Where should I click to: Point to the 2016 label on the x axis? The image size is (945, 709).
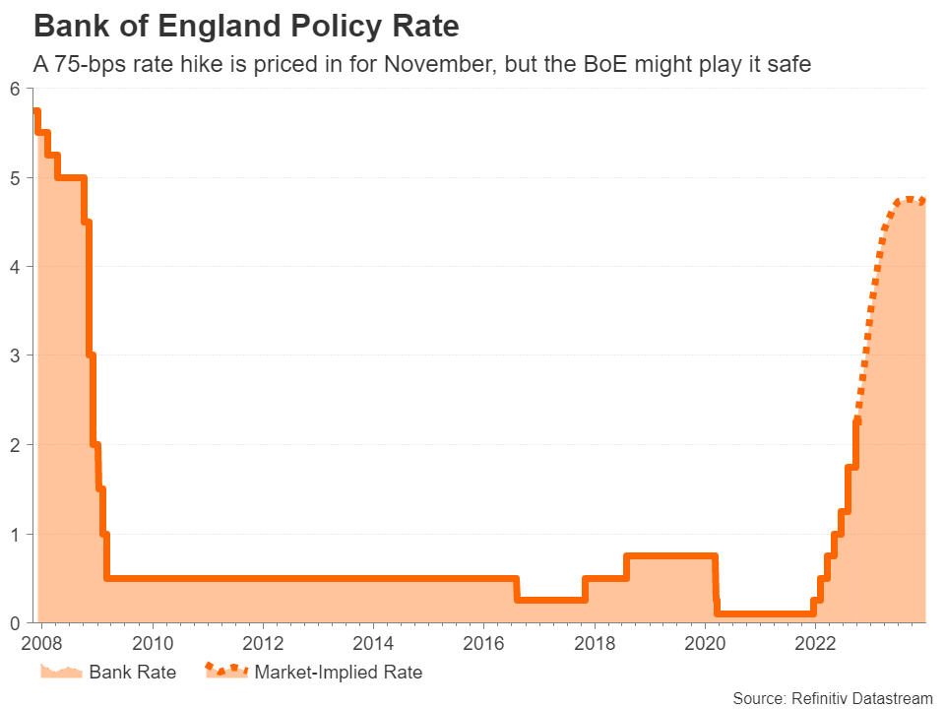click(483, 644)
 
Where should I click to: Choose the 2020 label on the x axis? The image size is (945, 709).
click(706, 644)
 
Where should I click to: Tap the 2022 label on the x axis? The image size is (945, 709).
click(816, 644)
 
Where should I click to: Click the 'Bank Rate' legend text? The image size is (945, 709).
click(132, 674)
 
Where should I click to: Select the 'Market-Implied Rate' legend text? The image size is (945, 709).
click(338, 674)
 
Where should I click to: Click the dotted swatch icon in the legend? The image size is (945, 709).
click(225, 672)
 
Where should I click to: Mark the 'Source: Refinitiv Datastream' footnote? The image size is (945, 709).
click(832, 698)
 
